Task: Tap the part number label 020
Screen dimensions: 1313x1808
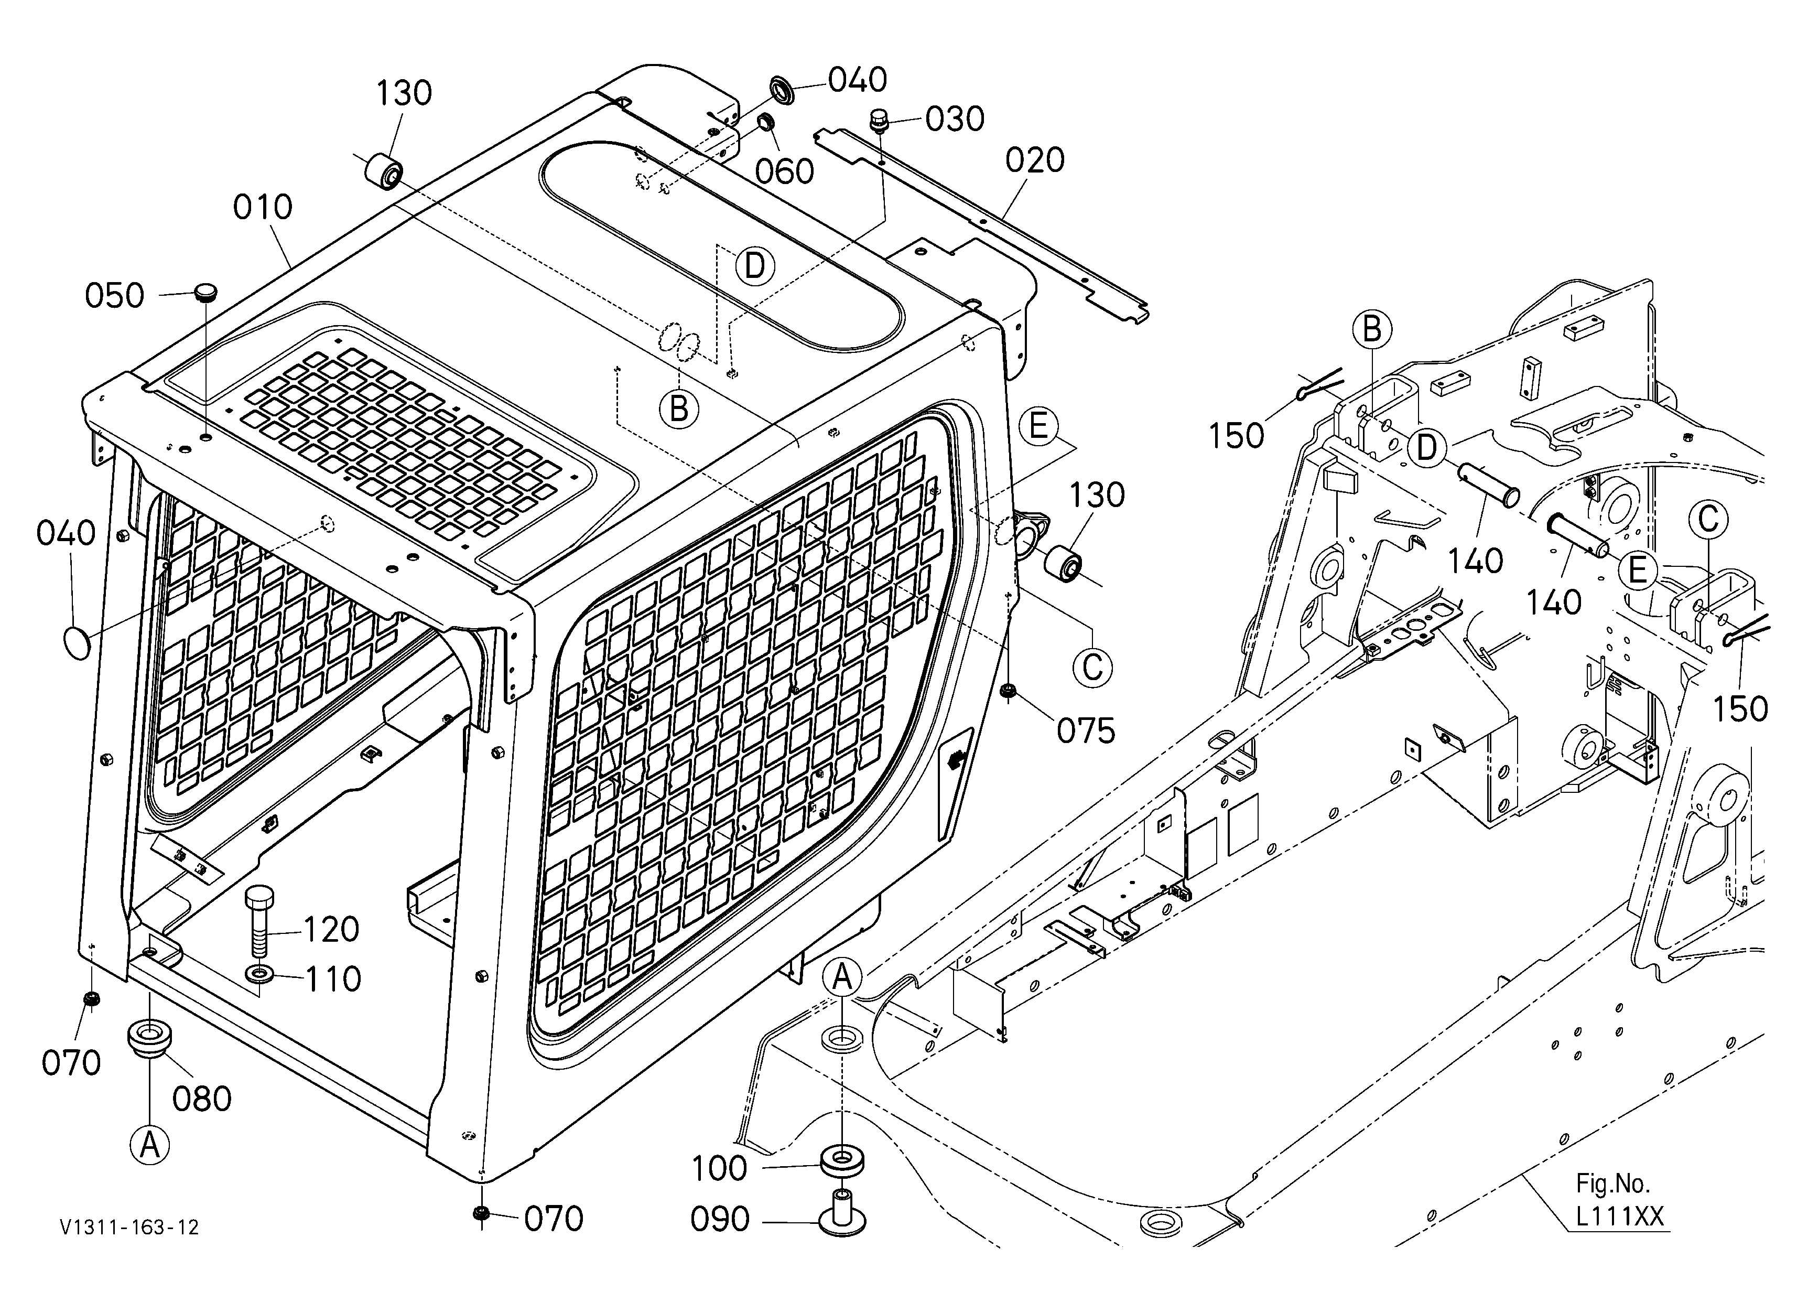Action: click(x=1035, y=160)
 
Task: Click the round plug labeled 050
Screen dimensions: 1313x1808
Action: click(x=207, y=291)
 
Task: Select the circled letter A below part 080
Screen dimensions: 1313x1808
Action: click(x=149, y=1146)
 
